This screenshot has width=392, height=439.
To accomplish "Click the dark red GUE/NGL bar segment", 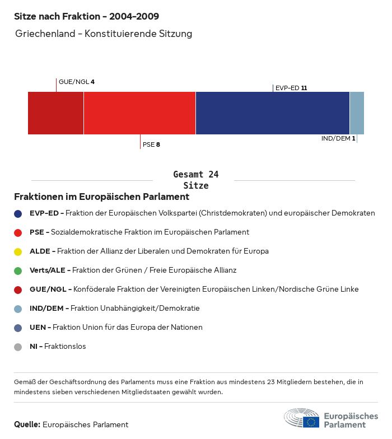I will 55,113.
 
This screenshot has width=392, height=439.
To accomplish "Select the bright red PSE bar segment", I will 139,113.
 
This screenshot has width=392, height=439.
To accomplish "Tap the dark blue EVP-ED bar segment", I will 272,113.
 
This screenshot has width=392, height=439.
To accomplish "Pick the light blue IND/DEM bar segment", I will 357,113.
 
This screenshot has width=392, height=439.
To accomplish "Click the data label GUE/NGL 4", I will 77,82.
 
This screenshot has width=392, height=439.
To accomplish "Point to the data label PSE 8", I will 151,144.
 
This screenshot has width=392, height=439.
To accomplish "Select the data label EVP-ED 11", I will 291,88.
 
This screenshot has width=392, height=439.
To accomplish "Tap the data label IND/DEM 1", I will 338,138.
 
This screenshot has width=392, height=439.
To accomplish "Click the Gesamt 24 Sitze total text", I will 196,180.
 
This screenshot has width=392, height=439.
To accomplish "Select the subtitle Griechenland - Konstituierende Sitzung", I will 104,34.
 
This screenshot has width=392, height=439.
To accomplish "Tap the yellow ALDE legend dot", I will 18,251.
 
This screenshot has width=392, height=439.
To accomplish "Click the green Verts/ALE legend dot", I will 18,270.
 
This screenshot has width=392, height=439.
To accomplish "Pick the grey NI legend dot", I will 18,347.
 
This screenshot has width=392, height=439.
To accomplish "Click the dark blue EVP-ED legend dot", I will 18,213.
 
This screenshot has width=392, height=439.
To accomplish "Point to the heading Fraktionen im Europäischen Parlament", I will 101,197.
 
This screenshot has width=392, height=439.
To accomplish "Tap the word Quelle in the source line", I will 27,424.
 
